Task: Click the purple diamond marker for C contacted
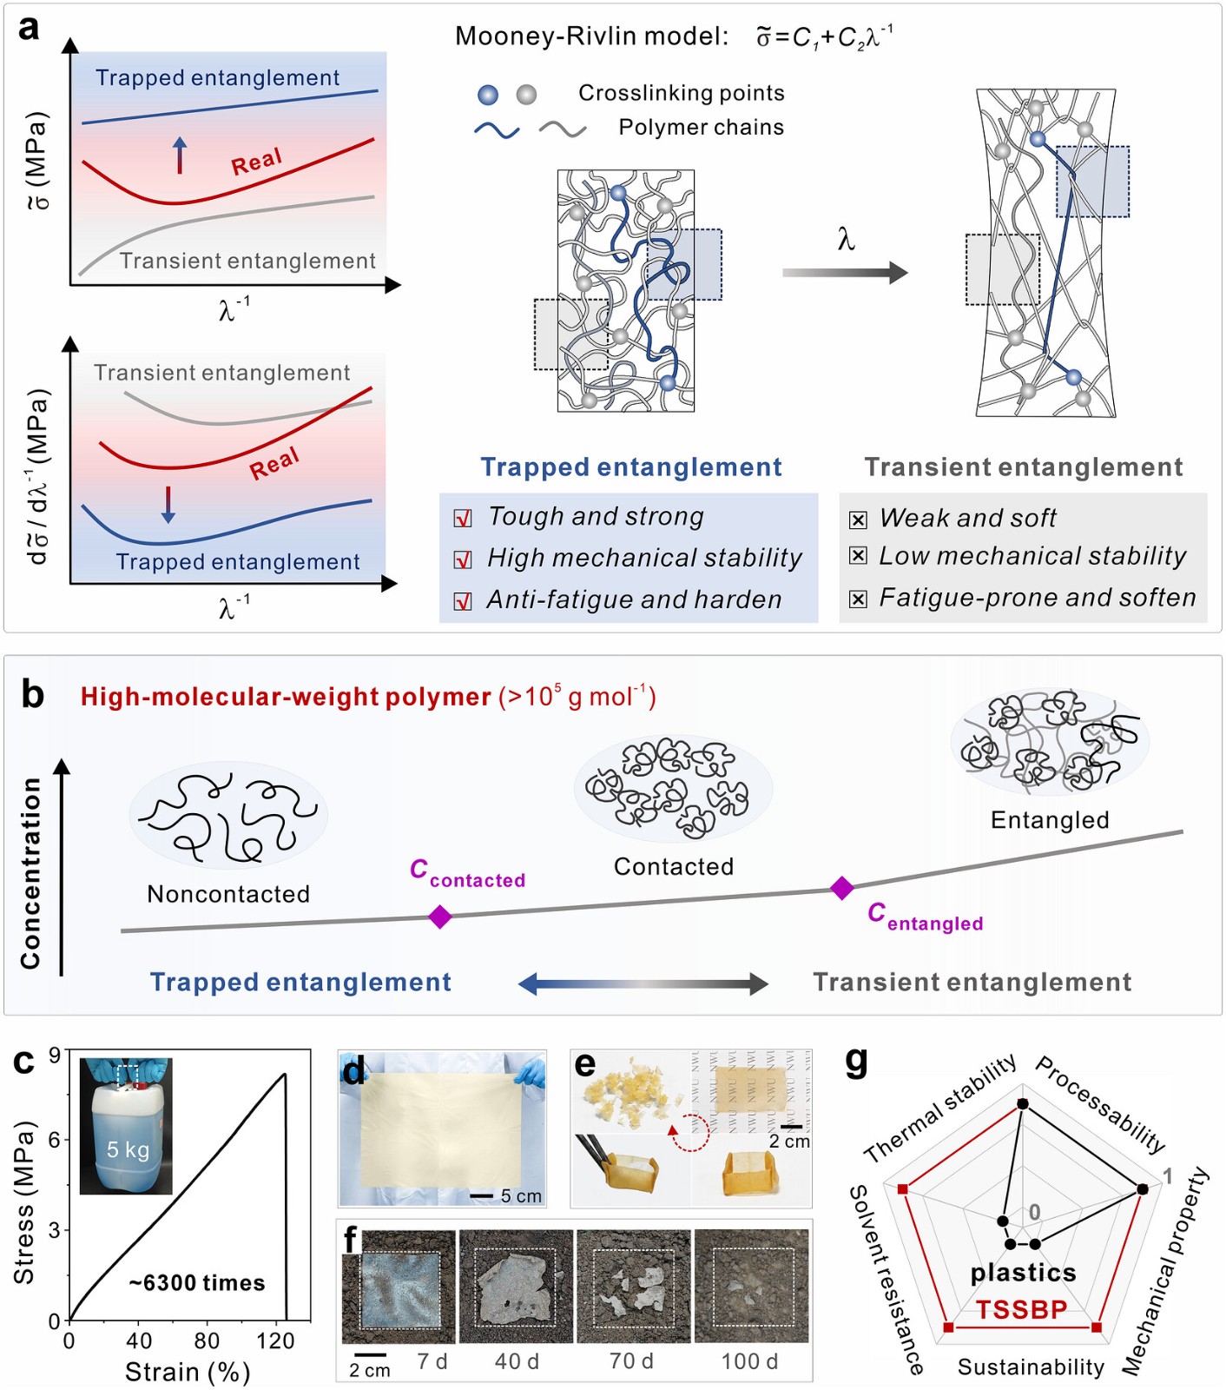pos(440,917)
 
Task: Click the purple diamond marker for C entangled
pos(841,888)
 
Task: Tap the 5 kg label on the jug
pos(128,1149)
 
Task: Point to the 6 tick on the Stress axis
pos(55,1139)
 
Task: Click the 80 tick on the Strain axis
pos(207,1340)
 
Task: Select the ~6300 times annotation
pos(197,1282)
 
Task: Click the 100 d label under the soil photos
pos(749,1361)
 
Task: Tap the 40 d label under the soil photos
pos(517,1361)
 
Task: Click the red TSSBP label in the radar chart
pos(1021,1309)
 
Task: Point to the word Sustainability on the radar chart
pos(1031,1367)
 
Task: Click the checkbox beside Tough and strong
pos(463,519)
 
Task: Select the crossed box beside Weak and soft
pos(858,520)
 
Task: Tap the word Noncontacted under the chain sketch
pos(228,894)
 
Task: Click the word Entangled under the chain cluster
pos(1050,820)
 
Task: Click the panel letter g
pos(856,1062)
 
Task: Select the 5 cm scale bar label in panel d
pos(521,1196)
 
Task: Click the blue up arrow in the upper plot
pos(180,155)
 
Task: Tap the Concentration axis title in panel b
pos(31,873)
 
